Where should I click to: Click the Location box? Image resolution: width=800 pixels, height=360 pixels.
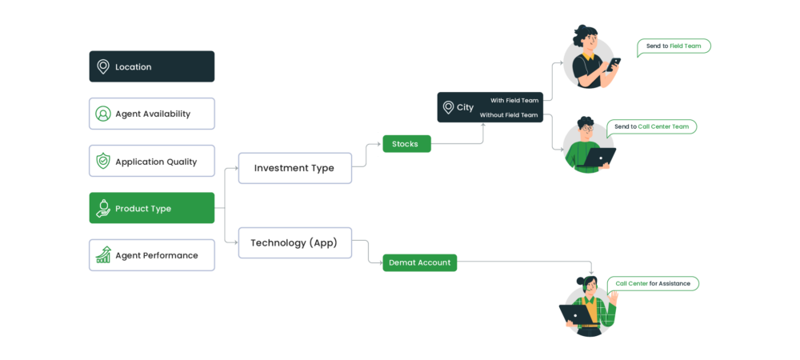pos(152,67)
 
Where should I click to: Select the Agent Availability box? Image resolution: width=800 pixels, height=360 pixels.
pos(152,114)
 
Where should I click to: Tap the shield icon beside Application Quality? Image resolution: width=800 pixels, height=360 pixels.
pos(103,162)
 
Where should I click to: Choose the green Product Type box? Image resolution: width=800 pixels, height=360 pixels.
pos(152,208)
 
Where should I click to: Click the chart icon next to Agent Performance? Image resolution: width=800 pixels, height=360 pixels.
pos(103,255)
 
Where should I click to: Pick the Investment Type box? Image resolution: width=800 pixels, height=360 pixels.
pos(295,168)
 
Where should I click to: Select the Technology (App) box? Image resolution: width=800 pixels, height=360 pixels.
pos(295,242)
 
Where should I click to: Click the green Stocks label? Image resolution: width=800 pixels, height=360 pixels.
pos(406,144)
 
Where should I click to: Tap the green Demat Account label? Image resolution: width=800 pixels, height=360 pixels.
pos(419,262)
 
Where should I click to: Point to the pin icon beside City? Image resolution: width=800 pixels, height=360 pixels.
pos(448,107)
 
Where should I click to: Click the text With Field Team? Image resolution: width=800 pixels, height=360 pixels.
pos(514,100)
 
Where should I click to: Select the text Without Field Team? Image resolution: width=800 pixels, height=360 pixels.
pos(509,115)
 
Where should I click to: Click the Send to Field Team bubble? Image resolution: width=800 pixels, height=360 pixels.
pos(674,46)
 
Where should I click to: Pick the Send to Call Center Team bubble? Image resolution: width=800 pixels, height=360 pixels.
pos(651,126)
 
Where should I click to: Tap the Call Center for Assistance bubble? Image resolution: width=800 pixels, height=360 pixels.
pos(653,283)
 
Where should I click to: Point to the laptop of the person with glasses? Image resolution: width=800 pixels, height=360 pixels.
pos(599,156)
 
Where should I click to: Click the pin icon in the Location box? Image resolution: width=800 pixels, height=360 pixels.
pos(103,67)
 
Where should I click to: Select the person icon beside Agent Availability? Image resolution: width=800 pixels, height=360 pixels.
pos(103,114)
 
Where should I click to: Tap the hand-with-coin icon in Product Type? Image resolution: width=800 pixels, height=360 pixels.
pos(103,209)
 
